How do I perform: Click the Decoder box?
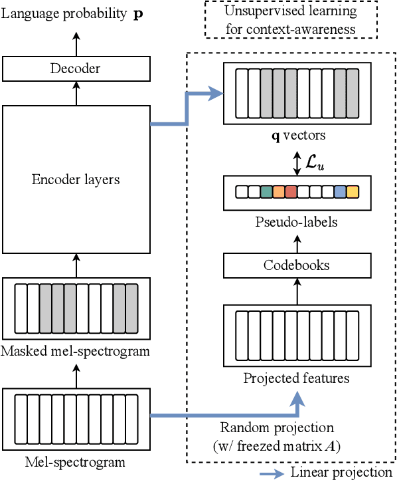[x=76, y=68]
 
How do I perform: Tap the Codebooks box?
[x=297, y=265]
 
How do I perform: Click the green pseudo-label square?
[x=266, y=192]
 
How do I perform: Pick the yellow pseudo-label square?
[x=352, y=192]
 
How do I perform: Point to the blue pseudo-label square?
[x=340, y=192]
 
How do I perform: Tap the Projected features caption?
[x=296, y=379]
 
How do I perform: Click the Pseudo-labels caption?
[x=297, y=221]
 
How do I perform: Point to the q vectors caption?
[x=297, y=136]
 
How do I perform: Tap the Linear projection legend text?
[x=341, y=472]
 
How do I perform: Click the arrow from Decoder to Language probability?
[x=76, y=45]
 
